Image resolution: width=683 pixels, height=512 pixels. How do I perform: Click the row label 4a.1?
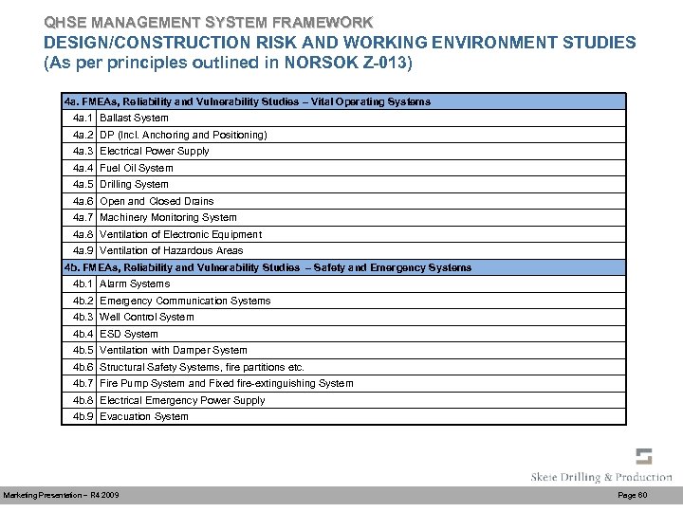point(83,119)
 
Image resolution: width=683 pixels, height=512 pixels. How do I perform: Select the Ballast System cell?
point(134,119)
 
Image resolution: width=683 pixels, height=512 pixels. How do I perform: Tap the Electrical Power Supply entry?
point(154,152)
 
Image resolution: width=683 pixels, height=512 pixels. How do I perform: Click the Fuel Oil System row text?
point(137,168)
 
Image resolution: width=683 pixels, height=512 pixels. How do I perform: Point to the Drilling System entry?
point(134,185)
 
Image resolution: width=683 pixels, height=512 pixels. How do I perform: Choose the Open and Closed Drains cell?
point(157,201)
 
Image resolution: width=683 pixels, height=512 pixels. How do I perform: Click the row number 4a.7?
point(83,218)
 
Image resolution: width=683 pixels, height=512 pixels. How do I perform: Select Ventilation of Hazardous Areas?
point(171,251)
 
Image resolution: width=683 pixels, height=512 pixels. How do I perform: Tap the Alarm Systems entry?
point(135,284)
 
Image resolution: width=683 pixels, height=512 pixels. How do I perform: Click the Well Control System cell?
point(146,318)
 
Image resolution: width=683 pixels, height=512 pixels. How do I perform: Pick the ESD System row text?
point(129,334)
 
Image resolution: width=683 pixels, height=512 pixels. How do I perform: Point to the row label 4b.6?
point(83,367)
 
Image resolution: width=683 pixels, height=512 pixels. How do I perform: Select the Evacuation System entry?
point(143,417)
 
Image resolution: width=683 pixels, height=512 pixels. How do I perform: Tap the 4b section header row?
point(267,267)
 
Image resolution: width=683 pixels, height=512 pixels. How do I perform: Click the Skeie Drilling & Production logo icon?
point(643,456)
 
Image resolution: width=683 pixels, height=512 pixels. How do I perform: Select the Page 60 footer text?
point(632,496)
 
